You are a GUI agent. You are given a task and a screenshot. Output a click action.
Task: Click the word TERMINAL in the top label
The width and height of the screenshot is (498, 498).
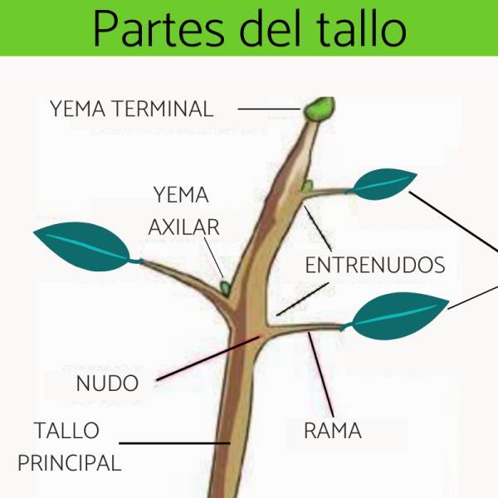[164, 109]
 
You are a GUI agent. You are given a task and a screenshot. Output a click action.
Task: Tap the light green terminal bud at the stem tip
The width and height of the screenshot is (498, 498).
[320, 109]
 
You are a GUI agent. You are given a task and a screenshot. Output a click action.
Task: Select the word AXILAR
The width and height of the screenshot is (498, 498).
[184, 227]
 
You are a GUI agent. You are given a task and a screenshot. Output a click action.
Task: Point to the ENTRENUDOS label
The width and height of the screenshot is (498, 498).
[375, 265]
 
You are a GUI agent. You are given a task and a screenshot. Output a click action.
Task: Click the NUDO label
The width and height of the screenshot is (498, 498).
[107, 383]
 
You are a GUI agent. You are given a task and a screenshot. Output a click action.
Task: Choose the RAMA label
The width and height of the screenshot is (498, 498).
[333, 431]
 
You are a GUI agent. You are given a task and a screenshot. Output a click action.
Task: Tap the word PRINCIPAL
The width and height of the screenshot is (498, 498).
[70, 462]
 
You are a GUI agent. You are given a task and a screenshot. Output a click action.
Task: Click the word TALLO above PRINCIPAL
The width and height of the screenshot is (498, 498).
[66, 430]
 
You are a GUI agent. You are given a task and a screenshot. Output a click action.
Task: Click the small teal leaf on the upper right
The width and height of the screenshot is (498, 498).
[383, 184]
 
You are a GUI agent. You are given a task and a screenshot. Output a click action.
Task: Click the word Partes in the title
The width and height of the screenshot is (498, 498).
[159, 29]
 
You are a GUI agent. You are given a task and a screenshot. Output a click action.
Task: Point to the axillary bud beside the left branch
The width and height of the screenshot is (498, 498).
[226, 288]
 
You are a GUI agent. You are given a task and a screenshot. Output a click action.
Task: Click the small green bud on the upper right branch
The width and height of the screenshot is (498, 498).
[307, 185]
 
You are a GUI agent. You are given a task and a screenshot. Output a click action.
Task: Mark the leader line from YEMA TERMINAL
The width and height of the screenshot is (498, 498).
[269, 109]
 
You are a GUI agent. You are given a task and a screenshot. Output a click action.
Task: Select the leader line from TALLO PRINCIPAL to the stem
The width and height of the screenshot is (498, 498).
[174, 442]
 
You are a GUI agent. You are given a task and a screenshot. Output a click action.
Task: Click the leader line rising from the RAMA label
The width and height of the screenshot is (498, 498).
[320, 375]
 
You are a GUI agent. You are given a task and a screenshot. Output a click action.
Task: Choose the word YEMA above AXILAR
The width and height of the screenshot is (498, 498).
[181, 195]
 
